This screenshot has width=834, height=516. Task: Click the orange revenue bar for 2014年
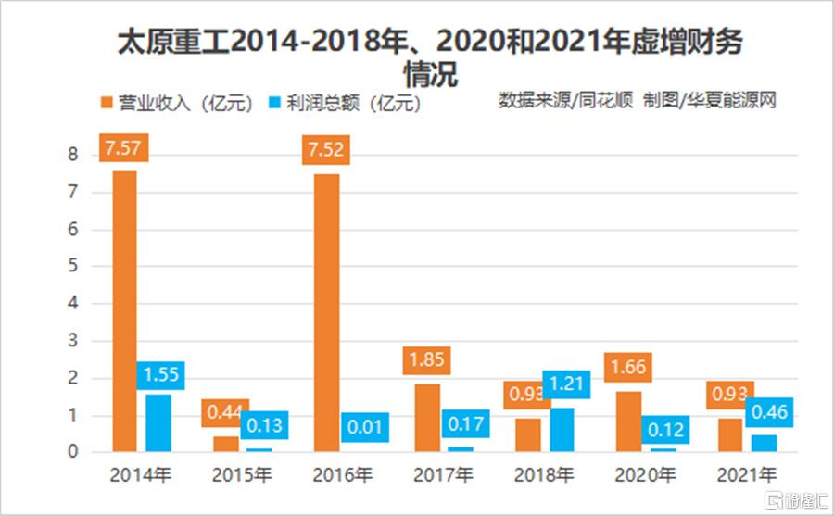tap(124, 310)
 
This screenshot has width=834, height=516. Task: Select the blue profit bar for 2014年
tap(158, 422)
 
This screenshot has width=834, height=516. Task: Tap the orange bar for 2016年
tap(327, 312)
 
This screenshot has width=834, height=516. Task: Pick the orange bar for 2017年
tap(427, 417)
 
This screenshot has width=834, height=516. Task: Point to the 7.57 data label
tap(124, 149)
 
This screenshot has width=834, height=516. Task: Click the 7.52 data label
tap(327, 150)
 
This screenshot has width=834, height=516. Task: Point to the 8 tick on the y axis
tap(72, 155)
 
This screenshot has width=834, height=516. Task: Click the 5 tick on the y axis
tap(72, 266)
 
